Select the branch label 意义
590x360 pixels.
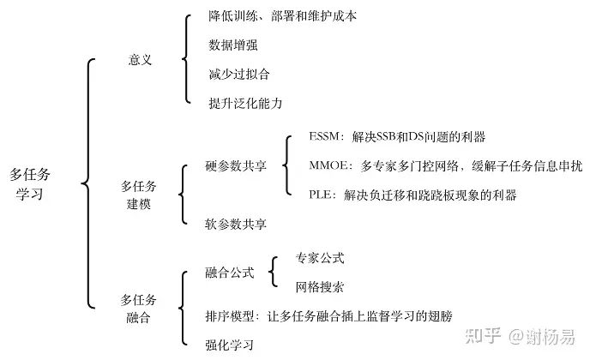point(139,61)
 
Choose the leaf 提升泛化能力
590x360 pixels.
point(245,103)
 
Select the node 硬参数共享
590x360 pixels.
point(236,165)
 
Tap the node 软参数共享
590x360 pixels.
point(236,225)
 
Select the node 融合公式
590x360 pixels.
point(229,273)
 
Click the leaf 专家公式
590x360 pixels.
point(319,257)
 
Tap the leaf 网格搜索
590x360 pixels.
point(319,286)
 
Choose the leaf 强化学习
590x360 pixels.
point(229,345)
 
